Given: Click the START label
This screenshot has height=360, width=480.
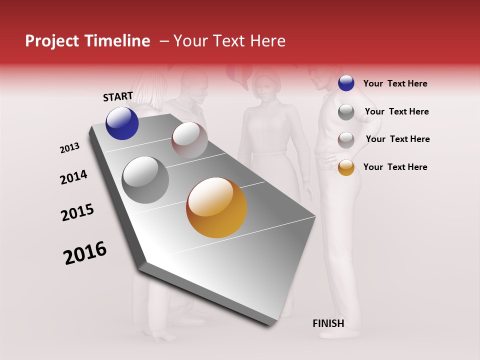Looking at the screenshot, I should (118, 96).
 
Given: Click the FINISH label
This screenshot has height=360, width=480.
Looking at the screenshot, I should (328, 323).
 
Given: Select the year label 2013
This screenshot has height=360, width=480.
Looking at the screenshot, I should (69, 148).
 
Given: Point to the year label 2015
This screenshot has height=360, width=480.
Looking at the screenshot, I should (77, 212).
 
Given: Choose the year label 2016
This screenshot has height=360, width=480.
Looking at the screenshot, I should (85, 253).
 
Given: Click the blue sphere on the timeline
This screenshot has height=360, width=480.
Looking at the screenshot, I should (122, 123).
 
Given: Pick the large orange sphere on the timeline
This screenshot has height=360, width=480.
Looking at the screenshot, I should (216, 207).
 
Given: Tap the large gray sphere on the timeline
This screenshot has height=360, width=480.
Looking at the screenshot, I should (145, 180).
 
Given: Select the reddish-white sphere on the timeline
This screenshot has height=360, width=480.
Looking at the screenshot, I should (189, 140).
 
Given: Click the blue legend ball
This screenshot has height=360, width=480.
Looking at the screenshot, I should (346, 83).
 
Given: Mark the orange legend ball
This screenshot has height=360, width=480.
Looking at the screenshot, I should (346, 167).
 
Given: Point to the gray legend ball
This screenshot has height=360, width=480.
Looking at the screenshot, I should (346, 112).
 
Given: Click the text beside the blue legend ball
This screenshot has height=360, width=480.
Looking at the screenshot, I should (395, 83).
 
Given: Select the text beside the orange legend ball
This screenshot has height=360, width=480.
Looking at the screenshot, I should (395, 167).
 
